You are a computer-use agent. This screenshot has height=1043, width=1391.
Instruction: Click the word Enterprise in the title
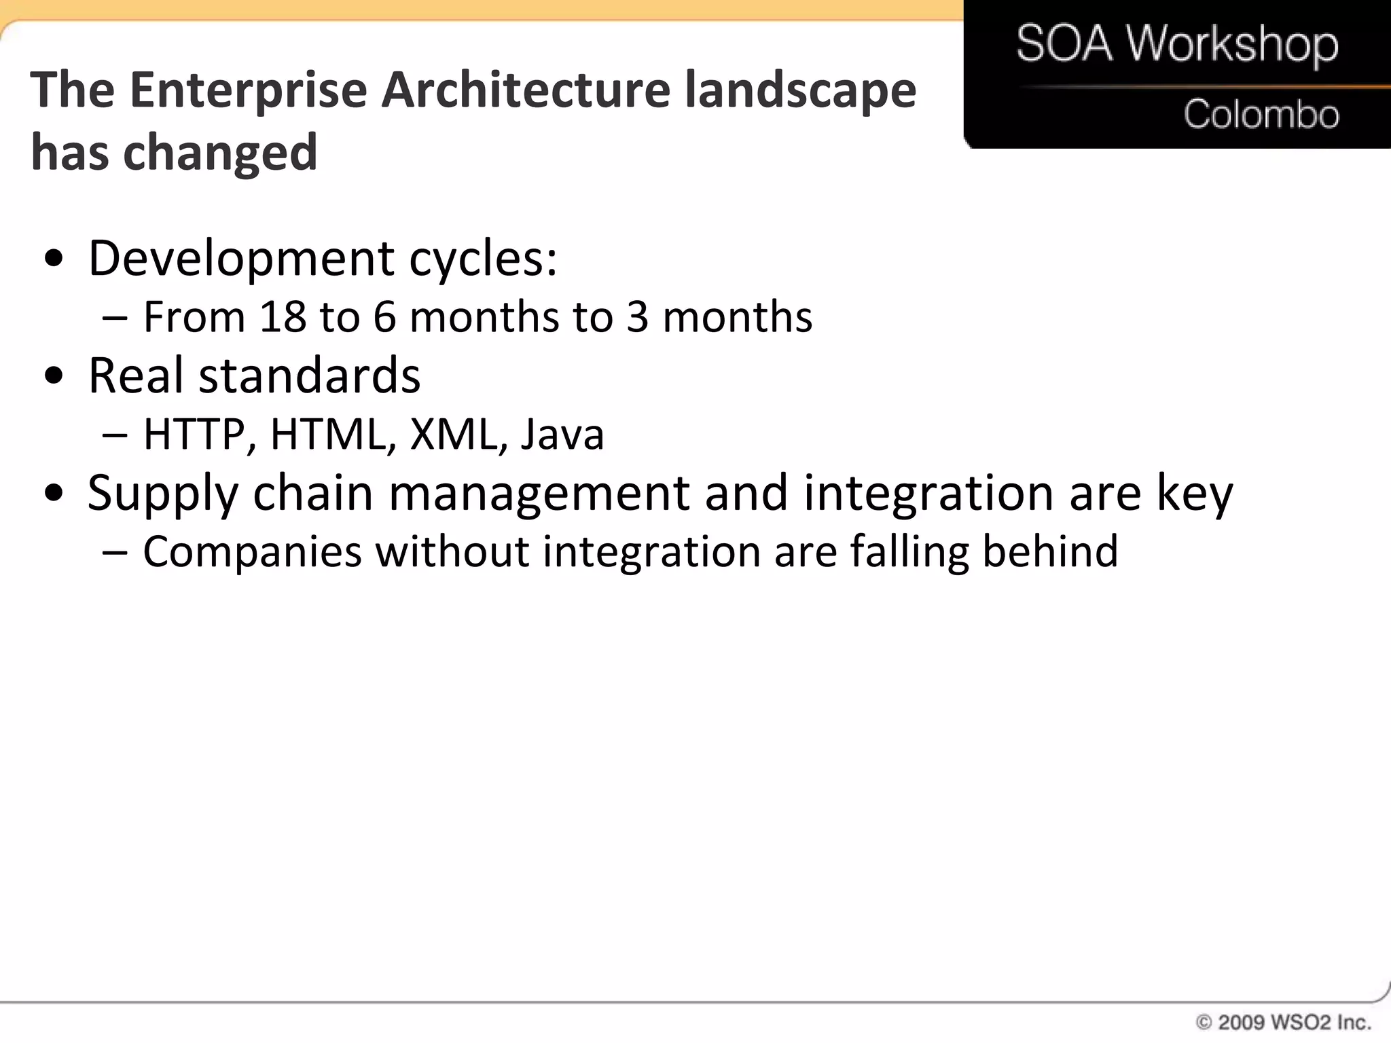point(249,90)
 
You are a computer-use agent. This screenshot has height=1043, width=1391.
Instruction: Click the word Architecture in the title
point(526,90)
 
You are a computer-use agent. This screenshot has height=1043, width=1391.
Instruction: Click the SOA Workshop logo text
point(1177,44)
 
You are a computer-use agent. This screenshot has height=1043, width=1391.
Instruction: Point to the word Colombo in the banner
point(1261,114)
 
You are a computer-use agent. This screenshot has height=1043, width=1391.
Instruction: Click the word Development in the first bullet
point(241,259)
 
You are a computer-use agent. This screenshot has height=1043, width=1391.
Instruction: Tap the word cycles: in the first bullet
point(483,259)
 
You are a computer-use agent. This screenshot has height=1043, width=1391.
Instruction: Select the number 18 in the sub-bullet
point(283,317)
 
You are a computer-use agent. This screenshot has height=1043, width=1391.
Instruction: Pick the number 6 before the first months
point(384,317)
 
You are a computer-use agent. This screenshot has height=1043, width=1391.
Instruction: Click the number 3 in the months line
point(637,317)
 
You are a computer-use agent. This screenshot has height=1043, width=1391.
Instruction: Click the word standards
point(309,376)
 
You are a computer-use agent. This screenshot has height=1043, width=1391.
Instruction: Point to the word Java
point(562,435)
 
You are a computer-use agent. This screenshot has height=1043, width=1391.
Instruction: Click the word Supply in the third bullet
point(163,494)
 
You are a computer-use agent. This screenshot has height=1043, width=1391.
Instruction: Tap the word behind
point(1050,551)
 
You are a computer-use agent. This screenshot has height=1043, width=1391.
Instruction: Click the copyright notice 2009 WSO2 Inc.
point(1284,1023)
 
